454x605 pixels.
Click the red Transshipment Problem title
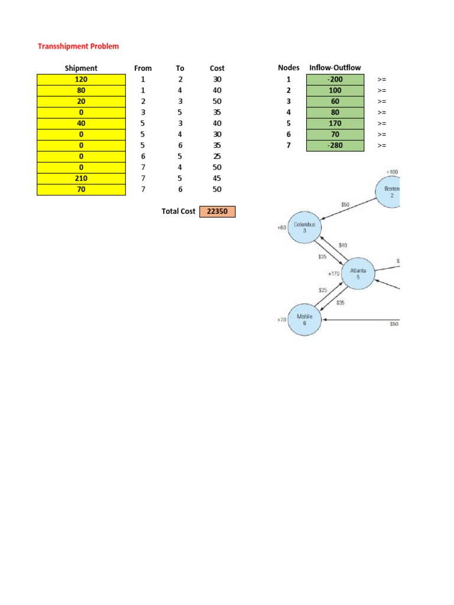pyautogui.click(x=78, y=46)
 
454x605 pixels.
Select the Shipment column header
pyautogui.click(x=81, y=68)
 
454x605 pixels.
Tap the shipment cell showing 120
pyautogui.click(x=81, y=79)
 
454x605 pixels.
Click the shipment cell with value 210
pyautogui.click(x=81, y=178)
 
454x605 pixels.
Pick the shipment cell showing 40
pyautogui.click(x=81, y=123)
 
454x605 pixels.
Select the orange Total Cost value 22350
pyautogui.click(x=217, y=212)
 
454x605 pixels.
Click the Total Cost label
pyautogui.click(x=179, y=212)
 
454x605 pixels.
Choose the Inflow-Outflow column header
pyautogui.click(x=335, y=68)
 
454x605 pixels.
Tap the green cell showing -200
pyautogui.click(x=335, y=79)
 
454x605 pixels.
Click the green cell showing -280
pyautogui.click(x=335, y=145)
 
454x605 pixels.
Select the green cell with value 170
pyautogui.click(x=335, y=123)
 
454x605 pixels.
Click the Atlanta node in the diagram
pyautogui.click(x=358, y=274)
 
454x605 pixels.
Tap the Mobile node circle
pyautogui.click(x=304, y=320)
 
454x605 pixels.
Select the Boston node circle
pyautogui.click(x=390, y=192)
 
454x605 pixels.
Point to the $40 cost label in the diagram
pyautogui.click(x=343, y=245)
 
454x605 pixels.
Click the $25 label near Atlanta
pyautogui.click(x=323, y=290)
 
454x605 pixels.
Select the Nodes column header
pyautogui.click(x=288, y=68)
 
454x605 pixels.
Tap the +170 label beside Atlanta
pyautogui.click(x=333, y=274)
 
